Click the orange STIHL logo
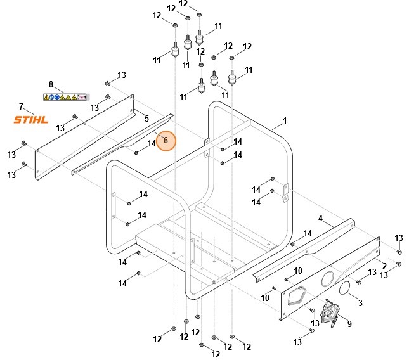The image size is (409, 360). (x=31, y=119)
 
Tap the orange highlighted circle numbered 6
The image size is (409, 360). (x=166, y=141)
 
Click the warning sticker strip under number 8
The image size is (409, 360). (x=65, y=97)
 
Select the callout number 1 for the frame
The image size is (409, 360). (x=285, y=120)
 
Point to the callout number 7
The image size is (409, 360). (x=21, y=106)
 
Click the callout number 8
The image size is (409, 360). (x=51, y=84)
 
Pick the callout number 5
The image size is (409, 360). (x=146, y=118)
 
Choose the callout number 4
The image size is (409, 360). (x=321, y=218)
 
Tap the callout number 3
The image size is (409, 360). (x=360, y=303)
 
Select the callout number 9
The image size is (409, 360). (x=349, y=323)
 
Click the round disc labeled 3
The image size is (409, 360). (x=346, y=289)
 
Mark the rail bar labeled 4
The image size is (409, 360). (x=304, y=248)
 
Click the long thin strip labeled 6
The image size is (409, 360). (x=120, y=143)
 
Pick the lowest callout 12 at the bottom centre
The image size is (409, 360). (x=216, y=354)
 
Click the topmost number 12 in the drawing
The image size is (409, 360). (x=184, y=3)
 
